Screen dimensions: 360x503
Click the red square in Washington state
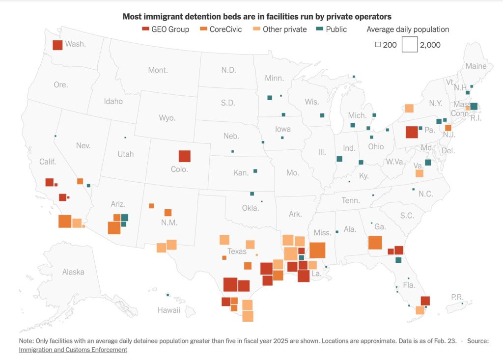click(x=57, y=45)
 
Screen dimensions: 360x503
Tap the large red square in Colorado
click(x=184, y=156)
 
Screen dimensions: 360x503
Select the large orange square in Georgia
click(x=375, y=243)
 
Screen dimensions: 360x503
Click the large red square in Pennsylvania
click(x=412, y=132)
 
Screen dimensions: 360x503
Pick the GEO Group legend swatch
click(x=145, y=29)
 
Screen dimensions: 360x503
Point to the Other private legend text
click(x=284, y=29)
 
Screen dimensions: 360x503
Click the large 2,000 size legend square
click(x=409, y=45)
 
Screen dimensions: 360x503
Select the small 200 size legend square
click(x=378, y=45)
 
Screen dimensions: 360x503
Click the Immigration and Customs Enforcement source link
click(x=73, y=350)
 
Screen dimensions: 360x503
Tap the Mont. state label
click(x=158, y=70)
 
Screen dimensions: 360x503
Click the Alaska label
click(x=73, y=272)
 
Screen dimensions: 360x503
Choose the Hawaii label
click(x=168, y=310)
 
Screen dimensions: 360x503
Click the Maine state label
click(x=475, y=66)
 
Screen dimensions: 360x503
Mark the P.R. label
click(x=457, y=297)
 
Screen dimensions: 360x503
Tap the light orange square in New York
click(x=409, y=108)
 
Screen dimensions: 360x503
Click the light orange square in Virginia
click(x=419, y=173)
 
